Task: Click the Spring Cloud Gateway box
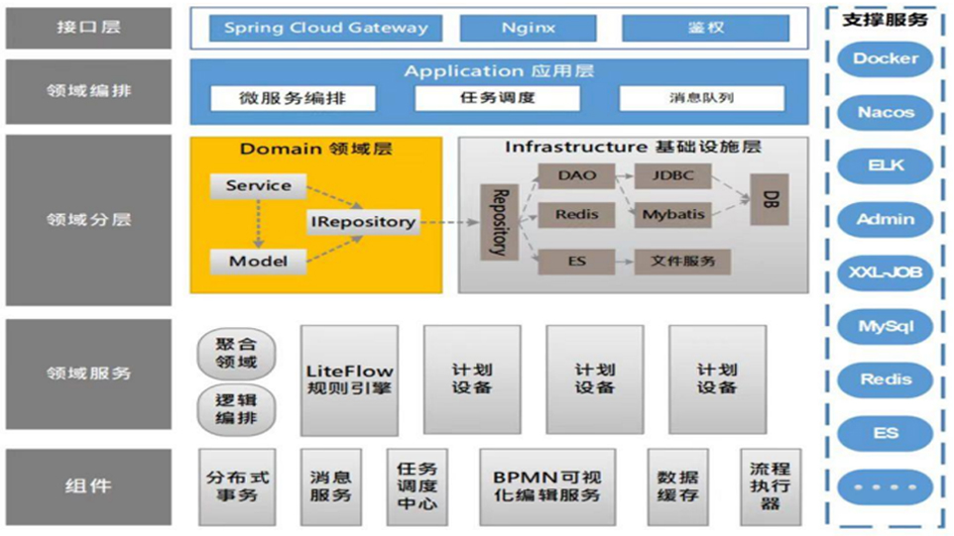click(326, 28)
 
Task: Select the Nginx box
click(528, 28)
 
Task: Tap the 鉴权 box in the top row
click(705, 28)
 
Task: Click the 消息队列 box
click(701, 98)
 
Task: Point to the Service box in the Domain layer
click(258, 185)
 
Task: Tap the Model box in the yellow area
click(258, 262)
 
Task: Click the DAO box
click(577, 176)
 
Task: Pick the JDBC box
click(673, 176)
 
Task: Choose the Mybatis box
click(673, 214)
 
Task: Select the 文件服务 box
click(683, 262)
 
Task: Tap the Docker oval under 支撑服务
click(885, 58)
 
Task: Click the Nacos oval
click(885, 112)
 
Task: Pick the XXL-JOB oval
click(885, 272)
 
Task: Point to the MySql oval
click(885, 326)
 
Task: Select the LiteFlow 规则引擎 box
click(349, 379)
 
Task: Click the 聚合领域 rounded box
click(236, 353)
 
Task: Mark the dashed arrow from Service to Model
click(258, 223)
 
